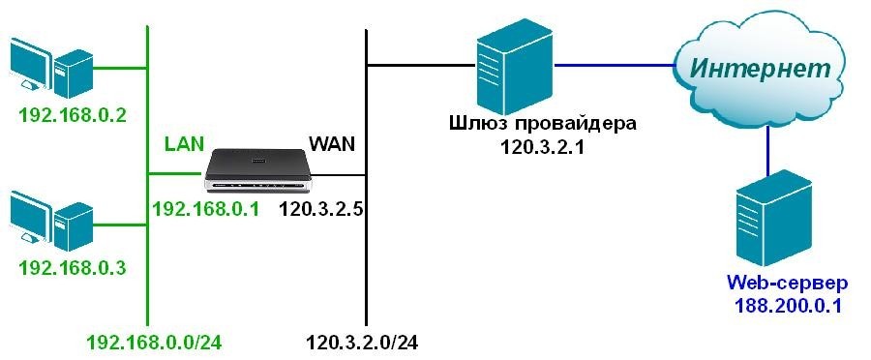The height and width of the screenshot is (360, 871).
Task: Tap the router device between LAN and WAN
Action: pyautogui.click(x=260, y=172)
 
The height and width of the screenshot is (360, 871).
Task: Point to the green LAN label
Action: pyautogui.click(x=184, y=144)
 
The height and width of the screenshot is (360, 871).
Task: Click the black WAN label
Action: pyautogui.click(x=332, y=144)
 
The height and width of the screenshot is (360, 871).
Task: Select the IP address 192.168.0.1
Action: pyautogui.click(x=206, y=207)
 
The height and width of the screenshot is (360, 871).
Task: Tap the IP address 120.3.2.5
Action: pyautogui.click(x=320, y=207)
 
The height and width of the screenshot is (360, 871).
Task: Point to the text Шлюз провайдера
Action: pyautogui.click(x=544, y=124)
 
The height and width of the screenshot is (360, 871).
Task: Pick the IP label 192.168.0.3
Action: pyautogui.click(x=73, y=267)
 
